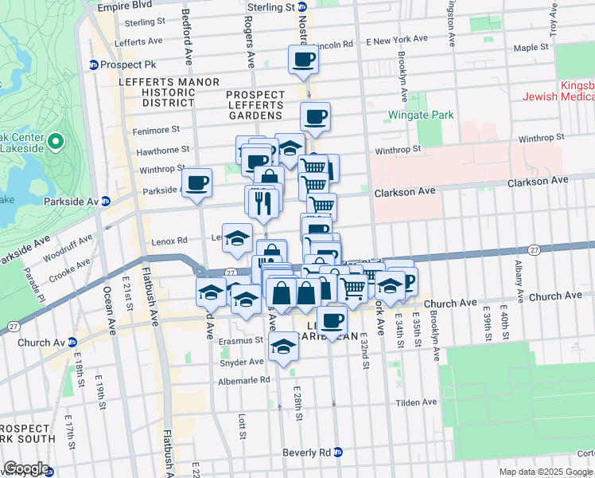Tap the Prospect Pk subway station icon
tap(93, 65)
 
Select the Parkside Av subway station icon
tap(104, 202)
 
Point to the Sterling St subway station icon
tap(302, 7)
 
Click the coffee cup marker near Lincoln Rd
tap(303, 58)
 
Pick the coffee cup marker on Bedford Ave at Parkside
tap(196, 182)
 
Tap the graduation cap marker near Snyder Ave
tap(283, 347)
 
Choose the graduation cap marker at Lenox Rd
tap(237, 237)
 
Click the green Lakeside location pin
tap(55, 143)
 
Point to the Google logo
tap(26, 468)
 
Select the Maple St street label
tap(527, 48)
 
